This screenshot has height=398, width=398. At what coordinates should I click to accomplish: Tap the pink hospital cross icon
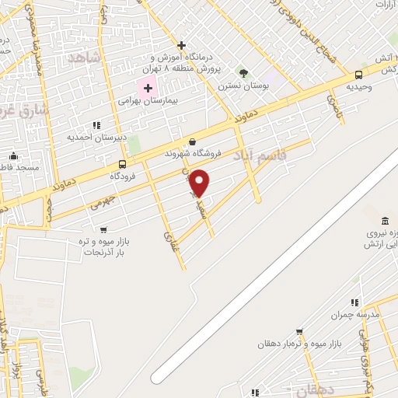click(x=147, y=88)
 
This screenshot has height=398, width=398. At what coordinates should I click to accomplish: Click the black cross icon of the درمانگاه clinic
click(x=181, y=45)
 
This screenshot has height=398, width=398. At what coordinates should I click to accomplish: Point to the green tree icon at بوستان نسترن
click(x=243, y=73)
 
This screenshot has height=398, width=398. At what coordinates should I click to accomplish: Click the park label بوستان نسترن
click(x=243, y=86)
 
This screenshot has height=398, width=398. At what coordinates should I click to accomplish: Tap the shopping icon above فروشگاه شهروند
click(x=193, y=141)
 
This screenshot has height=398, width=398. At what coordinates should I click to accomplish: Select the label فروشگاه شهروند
click(x=193, y=154)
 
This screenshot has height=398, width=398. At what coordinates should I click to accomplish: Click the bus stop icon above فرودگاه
click(x=122, y=164)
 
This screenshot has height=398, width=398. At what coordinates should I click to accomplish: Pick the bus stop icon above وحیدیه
click(x=358, y=75)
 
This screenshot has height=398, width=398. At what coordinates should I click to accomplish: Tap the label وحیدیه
click(x=358, y=87)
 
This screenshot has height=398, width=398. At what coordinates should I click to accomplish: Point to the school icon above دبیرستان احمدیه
click(x=96, y=124)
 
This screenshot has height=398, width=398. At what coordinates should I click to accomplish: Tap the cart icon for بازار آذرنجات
click(x=103, y=229)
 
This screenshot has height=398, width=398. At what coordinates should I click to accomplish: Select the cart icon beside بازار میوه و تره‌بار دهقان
click(x=299, y=332)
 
